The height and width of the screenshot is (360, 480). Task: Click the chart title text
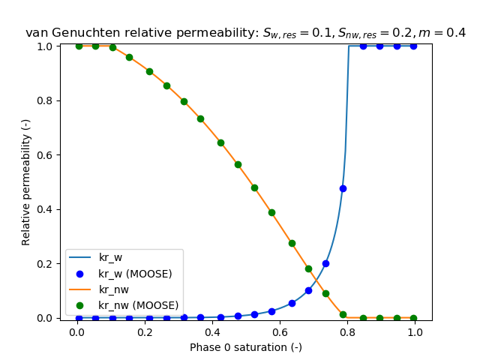click(245, 33)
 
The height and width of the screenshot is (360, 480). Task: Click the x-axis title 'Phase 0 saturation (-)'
click(245, 347)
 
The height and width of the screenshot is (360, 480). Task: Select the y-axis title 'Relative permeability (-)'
click(26, 182)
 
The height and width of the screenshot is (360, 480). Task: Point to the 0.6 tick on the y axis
click(44, 155)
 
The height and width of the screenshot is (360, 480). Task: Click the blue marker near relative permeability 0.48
click(343, 188)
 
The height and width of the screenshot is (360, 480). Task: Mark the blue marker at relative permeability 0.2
click(325, 263)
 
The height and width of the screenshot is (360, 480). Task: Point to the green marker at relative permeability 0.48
click(254, 187)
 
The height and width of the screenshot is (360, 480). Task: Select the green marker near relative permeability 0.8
click(184, 101)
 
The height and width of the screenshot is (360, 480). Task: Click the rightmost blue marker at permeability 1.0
click(414, 46)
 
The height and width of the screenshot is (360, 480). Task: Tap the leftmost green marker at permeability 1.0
click(79, 46)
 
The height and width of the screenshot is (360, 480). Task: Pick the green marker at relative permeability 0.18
click(308, 268)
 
